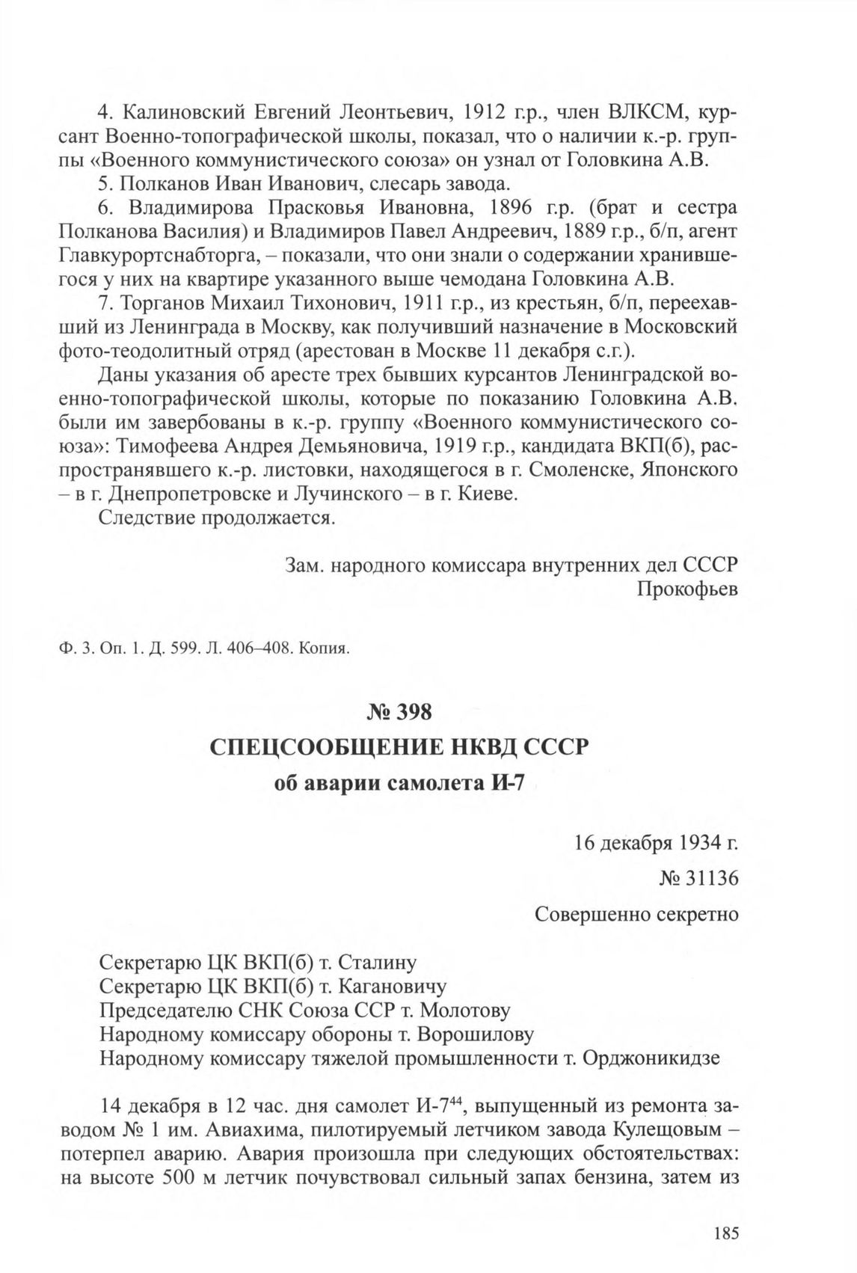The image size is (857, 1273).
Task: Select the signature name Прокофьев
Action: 687,589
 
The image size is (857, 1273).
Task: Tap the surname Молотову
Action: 465,1010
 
